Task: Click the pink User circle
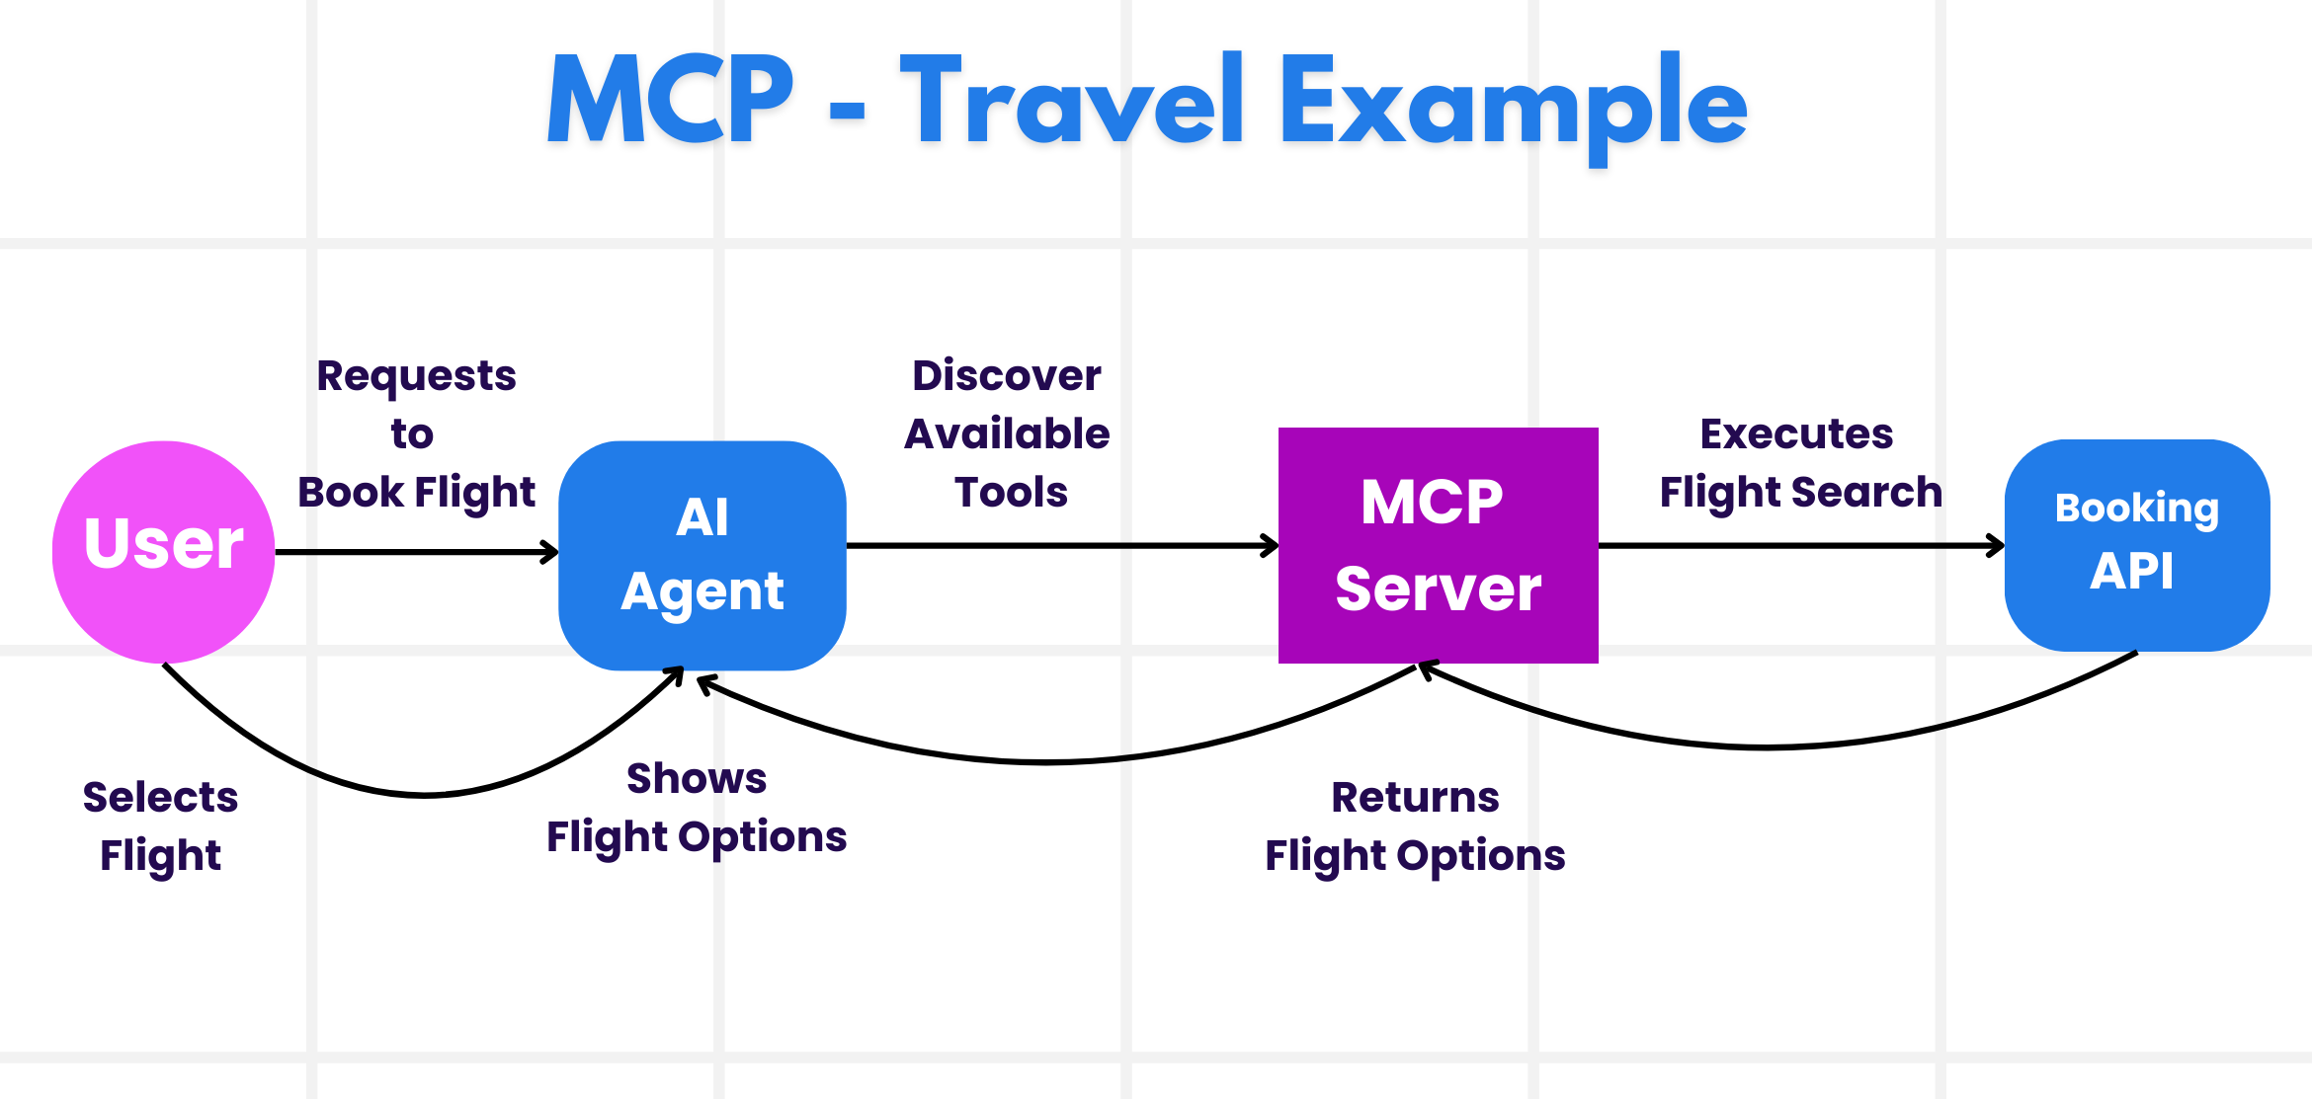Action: click(x=163, y=551)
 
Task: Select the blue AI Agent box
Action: click(x=702, y=555)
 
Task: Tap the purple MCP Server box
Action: click(x=1438, y=545)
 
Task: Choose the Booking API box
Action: click(x=2136, y=545)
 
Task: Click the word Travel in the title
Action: click(x=1072, y=102)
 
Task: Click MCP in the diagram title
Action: click(x=670, y=100)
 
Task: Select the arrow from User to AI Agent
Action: click(x=415, y=552)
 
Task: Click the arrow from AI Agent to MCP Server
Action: click(x=1062, y=545)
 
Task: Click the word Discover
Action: click(x=1006, y=375)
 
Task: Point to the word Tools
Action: click(x=1011, y=492)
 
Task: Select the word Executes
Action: click(x=1796, y=434)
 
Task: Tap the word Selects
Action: click(x=160, y=797)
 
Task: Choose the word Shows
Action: click(x=697, y=778)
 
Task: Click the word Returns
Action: click(x=1415, y=797)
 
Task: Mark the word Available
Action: click(x=1007, y=434)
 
